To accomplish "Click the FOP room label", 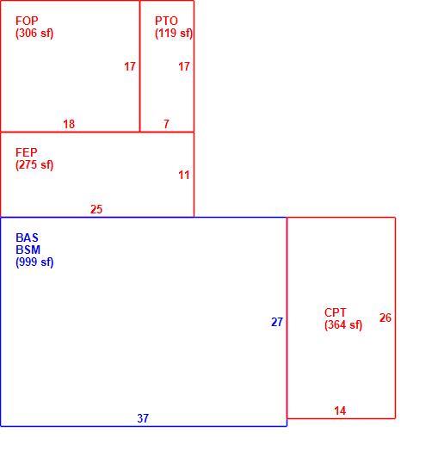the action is (27, 21).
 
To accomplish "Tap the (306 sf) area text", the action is (34, 34).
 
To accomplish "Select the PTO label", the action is (166, 21).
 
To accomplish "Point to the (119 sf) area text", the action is (174, 34).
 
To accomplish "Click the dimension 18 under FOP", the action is (69, 124).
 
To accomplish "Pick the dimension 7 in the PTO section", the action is (166, 124).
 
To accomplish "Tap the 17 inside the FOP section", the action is (130, 66).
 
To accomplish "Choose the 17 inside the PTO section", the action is (184, 66).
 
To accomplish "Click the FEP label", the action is (27, 152).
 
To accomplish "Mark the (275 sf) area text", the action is (34, 165).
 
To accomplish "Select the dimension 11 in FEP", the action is (184, 175).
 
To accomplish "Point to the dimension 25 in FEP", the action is (96, 209).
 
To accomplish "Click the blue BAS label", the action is (27, 238).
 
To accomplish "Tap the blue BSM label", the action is (28, 250).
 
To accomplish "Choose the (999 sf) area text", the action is (34, 262).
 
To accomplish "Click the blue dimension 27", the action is (277, 322).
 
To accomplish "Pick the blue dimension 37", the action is (143, 418).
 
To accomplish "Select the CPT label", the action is (335, 313).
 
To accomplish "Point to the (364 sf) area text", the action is (343, 325).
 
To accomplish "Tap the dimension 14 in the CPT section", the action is (340, 410).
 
